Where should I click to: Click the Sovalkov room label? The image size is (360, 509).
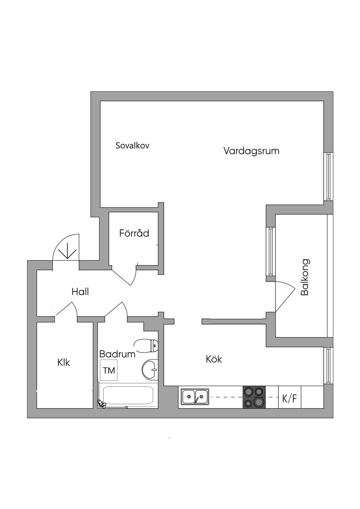132,146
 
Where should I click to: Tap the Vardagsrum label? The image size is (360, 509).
251,151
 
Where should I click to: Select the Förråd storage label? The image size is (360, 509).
134,233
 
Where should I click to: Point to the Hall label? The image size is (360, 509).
80,291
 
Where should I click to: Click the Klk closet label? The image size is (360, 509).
64,362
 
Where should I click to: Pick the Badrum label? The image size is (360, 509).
117,354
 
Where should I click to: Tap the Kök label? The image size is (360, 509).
214,359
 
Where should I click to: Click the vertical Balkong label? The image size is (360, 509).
304,277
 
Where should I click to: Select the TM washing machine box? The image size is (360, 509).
109,371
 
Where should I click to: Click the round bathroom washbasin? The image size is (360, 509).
150,370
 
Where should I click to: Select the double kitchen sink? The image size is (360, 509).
195,397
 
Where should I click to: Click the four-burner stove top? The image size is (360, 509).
254,397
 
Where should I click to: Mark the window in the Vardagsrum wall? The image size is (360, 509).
328,176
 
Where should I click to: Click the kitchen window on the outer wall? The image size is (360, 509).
328,366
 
